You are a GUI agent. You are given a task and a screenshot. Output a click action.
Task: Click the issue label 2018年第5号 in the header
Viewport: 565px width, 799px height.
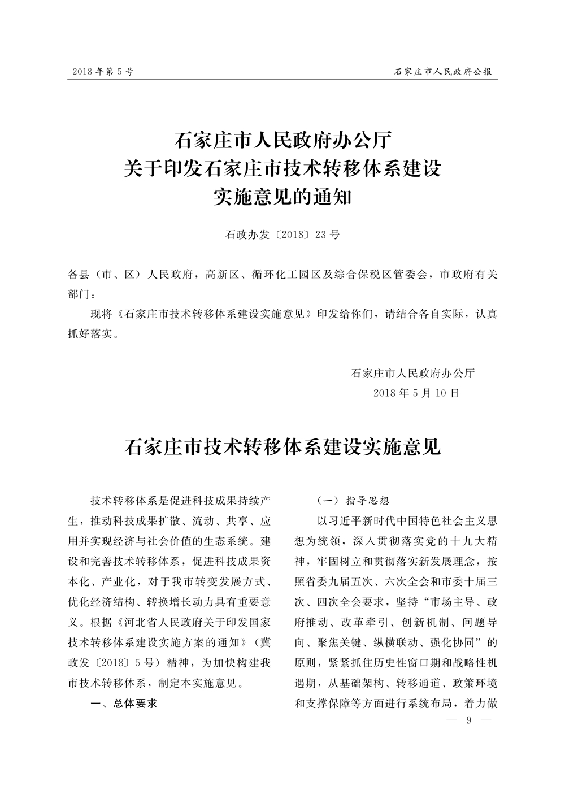(102, 72)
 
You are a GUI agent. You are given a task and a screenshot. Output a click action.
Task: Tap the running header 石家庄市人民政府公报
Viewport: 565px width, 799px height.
(442, 72)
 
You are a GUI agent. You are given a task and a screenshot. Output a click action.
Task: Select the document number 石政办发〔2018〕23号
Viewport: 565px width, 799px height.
(282, 235)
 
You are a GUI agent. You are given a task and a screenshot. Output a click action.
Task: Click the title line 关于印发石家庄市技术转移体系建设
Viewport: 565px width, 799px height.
(282, 168)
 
